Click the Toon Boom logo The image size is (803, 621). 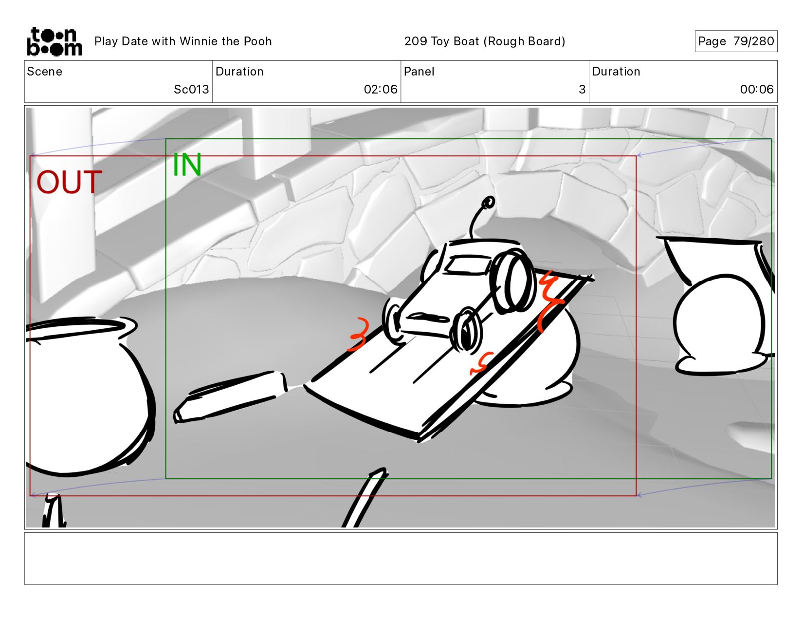click(54, 41)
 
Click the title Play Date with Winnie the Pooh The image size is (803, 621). click(183, 41)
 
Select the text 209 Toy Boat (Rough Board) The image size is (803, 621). click(484, 41)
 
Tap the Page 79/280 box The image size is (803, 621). click(735, 41)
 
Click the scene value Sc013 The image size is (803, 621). click(191, 90)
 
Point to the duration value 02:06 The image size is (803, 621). click(380, 90)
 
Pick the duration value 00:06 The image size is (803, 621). click(756, 90)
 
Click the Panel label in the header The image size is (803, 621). click(419, 72)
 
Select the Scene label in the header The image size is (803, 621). click(45, 72)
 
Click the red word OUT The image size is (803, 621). click(69, 183)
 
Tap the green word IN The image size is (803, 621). click(187, 165)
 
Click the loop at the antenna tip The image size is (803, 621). click(489, 202)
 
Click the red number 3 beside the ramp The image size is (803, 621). click(359, 334)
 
